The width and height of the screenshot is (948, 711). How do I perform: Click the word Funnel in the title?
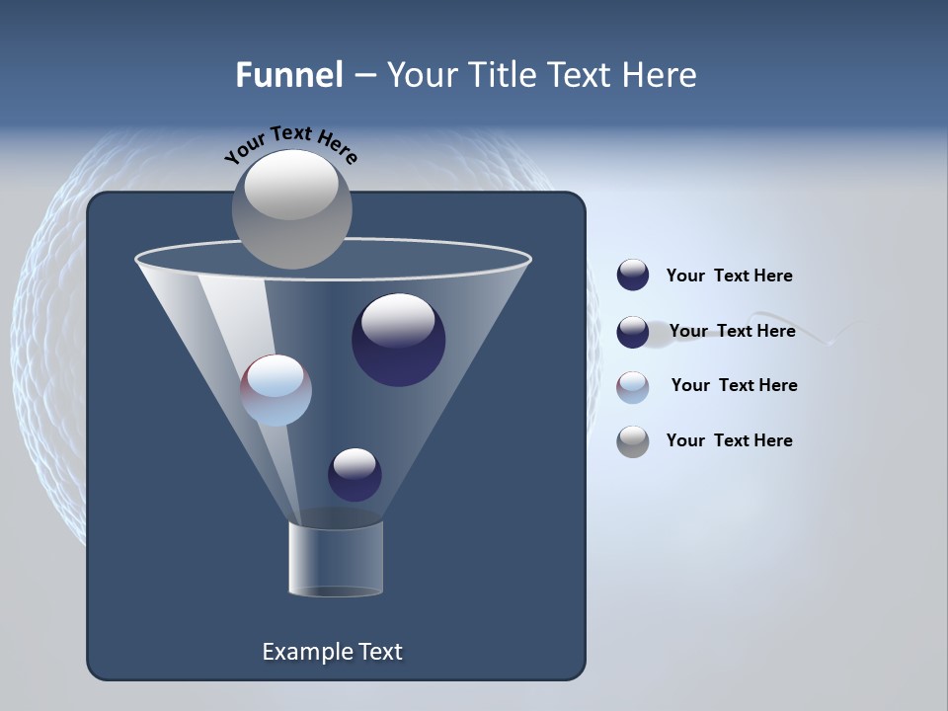(x=288, y=75)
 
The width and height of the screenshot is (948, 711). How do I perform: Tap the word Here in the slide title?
(x=658, y=75)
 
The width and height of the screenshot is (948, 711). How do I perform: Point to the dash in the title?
(x=363, y=76)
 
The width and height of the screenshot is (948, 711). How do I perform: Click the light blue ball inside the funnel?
(x=276, y=391)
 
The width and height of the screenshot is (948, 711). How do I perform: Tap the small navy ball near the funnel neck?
(x=355, y=476)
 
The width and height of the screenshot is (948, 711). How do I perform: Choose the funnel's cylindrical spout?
(x=336, y=558)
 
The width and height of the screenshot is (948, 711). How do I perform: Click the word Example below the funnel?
(x=306, y=652)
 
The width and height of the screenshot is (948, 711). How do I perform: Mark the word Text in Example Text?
(x=379, y=652)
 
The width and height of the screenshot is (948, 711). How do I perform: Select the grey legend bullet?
(x=633, y=441)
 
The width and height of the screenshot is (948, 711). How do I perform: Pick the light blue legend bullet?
(x=633, y=387)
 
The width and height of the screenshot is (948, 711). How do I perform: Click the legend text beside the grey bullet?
(x=729, y=440)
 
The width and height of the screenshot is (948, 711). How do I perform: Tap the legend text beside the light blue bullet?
(x=734, y=385)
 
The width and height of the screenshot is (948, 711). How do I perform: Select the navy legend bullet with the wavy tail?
(x=633, y=333)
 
